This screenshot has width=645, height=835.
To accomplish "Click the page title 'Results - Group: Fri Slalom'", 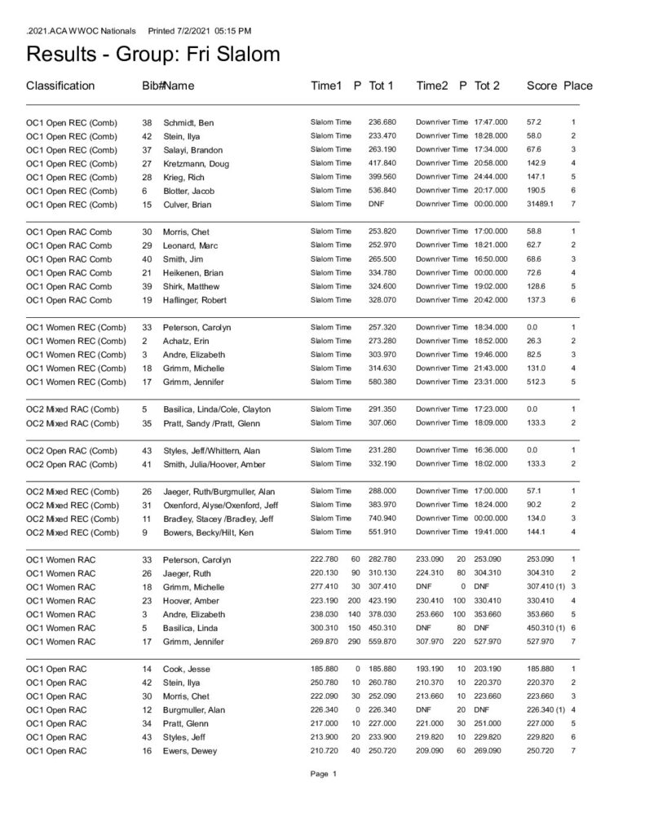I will click(154, 55).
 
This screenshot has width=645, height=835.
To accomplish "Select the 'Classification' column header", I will click(60, 86).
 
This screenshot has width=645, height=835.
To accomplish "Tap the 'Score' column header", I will click(541, 86).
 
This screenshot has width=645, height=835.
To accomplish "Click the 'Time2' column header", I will click(433, 86).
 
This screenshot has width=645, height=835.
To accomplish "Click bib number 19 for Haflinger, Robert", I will click(147, 300).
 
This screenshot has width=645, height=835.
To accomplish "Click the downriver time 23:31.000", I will click(491, 382).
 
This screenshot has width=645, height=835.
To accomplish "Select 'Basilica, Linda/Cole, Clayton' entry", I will click(217, 409).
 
